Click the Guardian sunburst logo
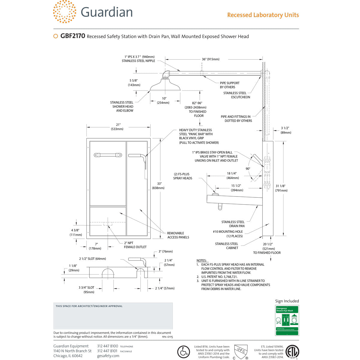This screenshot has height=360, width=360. point(64,12)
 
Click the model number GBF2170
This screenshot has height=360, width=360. point(73,36)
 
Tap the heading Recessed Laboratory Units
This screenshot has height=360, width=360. point(263,15)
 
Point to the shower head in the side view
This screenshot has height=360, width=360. point(165,85)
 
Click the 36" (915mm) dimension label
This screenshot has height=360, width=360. point(210,59)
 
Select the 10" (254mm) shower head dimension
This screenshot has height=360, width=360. point(164,100)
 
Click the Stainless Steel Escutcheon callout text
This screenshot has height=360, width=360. point(236,95)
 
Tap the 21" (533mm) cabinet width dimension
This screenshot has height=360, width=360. point(118,127)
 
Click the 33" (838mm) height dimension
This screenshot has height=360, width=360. point(158,186)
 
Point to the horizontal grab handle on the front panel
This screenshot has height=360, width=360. point(108,155)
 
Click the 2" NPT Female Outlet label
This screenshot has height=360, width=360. point(135,245)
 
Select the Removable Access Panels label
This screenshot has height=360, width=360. point(178,235)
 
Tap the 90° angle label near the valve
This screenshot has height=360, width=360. point(248,169)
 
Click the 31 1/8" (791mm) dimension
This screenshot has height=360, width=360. point(281,188)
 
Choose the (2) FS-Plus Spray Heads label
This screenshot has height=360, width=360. point(182,176)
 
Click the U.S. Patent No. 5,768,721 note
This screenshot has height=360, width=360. point(219,277)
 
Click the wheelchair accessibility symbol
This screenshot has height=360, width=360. point(183,352)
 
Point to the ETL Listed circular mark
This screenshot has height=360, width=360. point(292,352)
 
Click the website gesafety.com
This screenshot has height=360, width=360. point(108,356)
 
